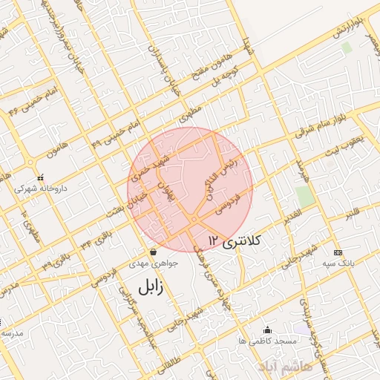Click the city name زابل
[x=150, y=285]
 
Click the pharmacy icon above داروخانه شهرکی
[x=40, y=177]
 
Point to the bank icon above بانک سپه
[x=338, y=252]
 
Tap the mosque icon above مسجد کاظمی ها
[x=267, y=330]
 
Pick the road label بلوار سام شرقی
[x=325, y=126]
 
